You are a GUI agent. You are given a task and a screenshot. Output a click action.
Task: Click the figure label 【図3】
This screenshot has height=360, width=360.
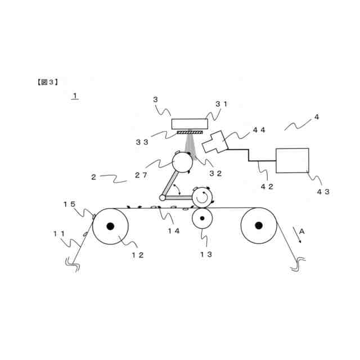click(x=48, y=82)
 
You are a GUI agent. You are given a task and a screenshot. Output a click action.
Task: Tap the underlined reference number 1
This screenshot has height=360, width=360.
click(x=75, y=96)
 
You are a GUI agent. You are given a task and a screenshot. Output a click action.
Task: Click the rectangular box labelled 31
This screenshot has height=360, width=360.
click(x=189, y=124)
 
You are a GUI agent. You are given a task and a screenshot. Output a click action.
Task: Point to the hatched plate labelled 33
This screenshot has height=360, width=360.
click(x=189, y=133)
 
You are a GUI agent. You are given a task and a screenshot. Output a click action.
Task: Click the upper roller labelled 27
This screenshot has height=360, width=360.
click(x=182, y=162)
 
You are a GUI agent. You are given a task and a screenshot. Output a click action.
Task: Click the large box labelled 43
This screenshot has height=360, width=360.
click(x=292, y=160)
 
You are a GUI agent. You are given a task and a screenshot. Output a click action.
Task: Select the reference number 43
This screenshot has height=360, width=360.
click(x=323, y=191)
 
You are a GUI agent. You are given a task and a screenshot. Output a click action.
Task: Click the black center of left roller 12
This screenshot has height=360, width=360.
click(x=110, y=226)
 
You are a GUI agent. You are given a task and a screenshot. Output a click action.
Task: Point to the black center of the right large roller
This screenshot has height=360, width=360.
click(x=259, y=226)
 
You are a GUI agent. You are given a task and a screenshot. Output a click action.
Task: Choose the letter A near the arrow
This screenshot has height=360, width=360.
click(x=301, y=231)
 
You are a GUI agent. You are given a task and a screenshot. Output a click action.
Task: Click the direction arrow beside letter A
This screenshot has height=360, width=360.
click(x=296, y=237)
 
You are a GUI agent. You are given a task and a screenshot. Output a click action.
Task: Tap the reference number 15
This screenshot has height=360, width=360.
click(x=69, y=204)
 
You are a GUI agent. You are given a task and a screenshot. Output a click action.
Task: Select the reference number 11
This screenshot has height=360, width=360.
click(x=58, y=233)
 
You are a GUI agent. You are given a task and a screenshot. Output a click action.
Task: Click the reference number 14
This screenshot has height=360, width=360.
click(x=173, y=230)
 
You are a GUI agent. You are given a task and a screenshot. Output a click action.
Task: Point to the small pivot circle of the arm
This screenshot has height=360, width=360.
click(x=163, y=197)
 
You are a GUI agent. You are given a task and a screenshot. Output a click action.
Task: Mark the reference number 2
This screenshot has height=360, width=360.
click(x=93, y=177)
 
